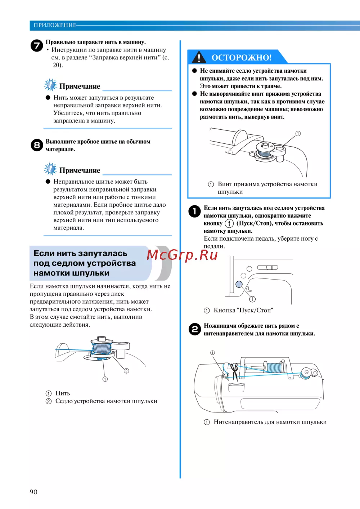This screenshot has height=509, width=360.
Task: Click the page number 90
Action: [x=33, y=492]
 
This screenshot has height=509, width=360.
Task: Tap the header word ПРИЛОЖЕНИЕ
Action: [x=55, y=25]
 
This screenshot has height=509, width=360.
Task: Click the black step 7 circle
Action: [x=37, y=45]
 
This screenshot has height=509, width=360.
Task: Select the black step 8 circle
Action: [x=37, y=145]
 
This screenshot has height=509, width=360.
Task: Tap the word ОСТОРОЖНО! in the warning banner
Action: [x=242, y=58]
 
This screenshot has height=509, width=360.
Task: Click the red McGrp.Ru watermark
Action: [x=182, y=255]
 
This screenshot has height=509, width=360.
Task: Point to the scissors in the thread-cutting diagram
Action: [x=234, y=372]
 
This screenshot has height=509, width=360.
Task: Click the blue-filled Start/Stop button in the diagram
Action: [x=239, y=284]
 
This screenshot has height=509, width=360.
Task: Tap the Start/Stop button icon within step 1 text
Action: [x=229, y=223]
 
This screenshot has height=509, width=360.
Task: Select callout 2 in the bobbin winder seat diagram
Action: [x=126, y=371]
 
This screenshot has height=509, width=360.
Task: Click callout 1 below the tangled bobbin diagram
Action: [x=105, y=379]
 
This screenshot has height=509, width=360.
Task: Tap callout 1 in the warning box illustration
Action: [x=298, y=134]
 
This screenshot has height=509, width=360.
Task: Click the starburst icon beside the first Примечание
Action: [x=50, y=85]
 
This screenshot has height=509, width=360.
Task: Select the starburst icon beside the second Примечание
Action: [x=50, y=169]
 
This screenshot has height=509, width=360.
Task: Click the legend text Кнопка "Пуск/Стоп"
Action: [x=243, y=310]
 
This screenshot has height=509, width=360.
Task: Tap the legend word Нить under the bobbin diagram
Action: [x=63, y=393]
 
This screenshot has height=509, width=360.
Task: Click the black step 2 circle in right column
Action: [x=195, y=329]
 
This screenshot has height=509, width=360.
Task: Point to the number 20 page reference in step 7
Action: [x=57, y=65]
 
